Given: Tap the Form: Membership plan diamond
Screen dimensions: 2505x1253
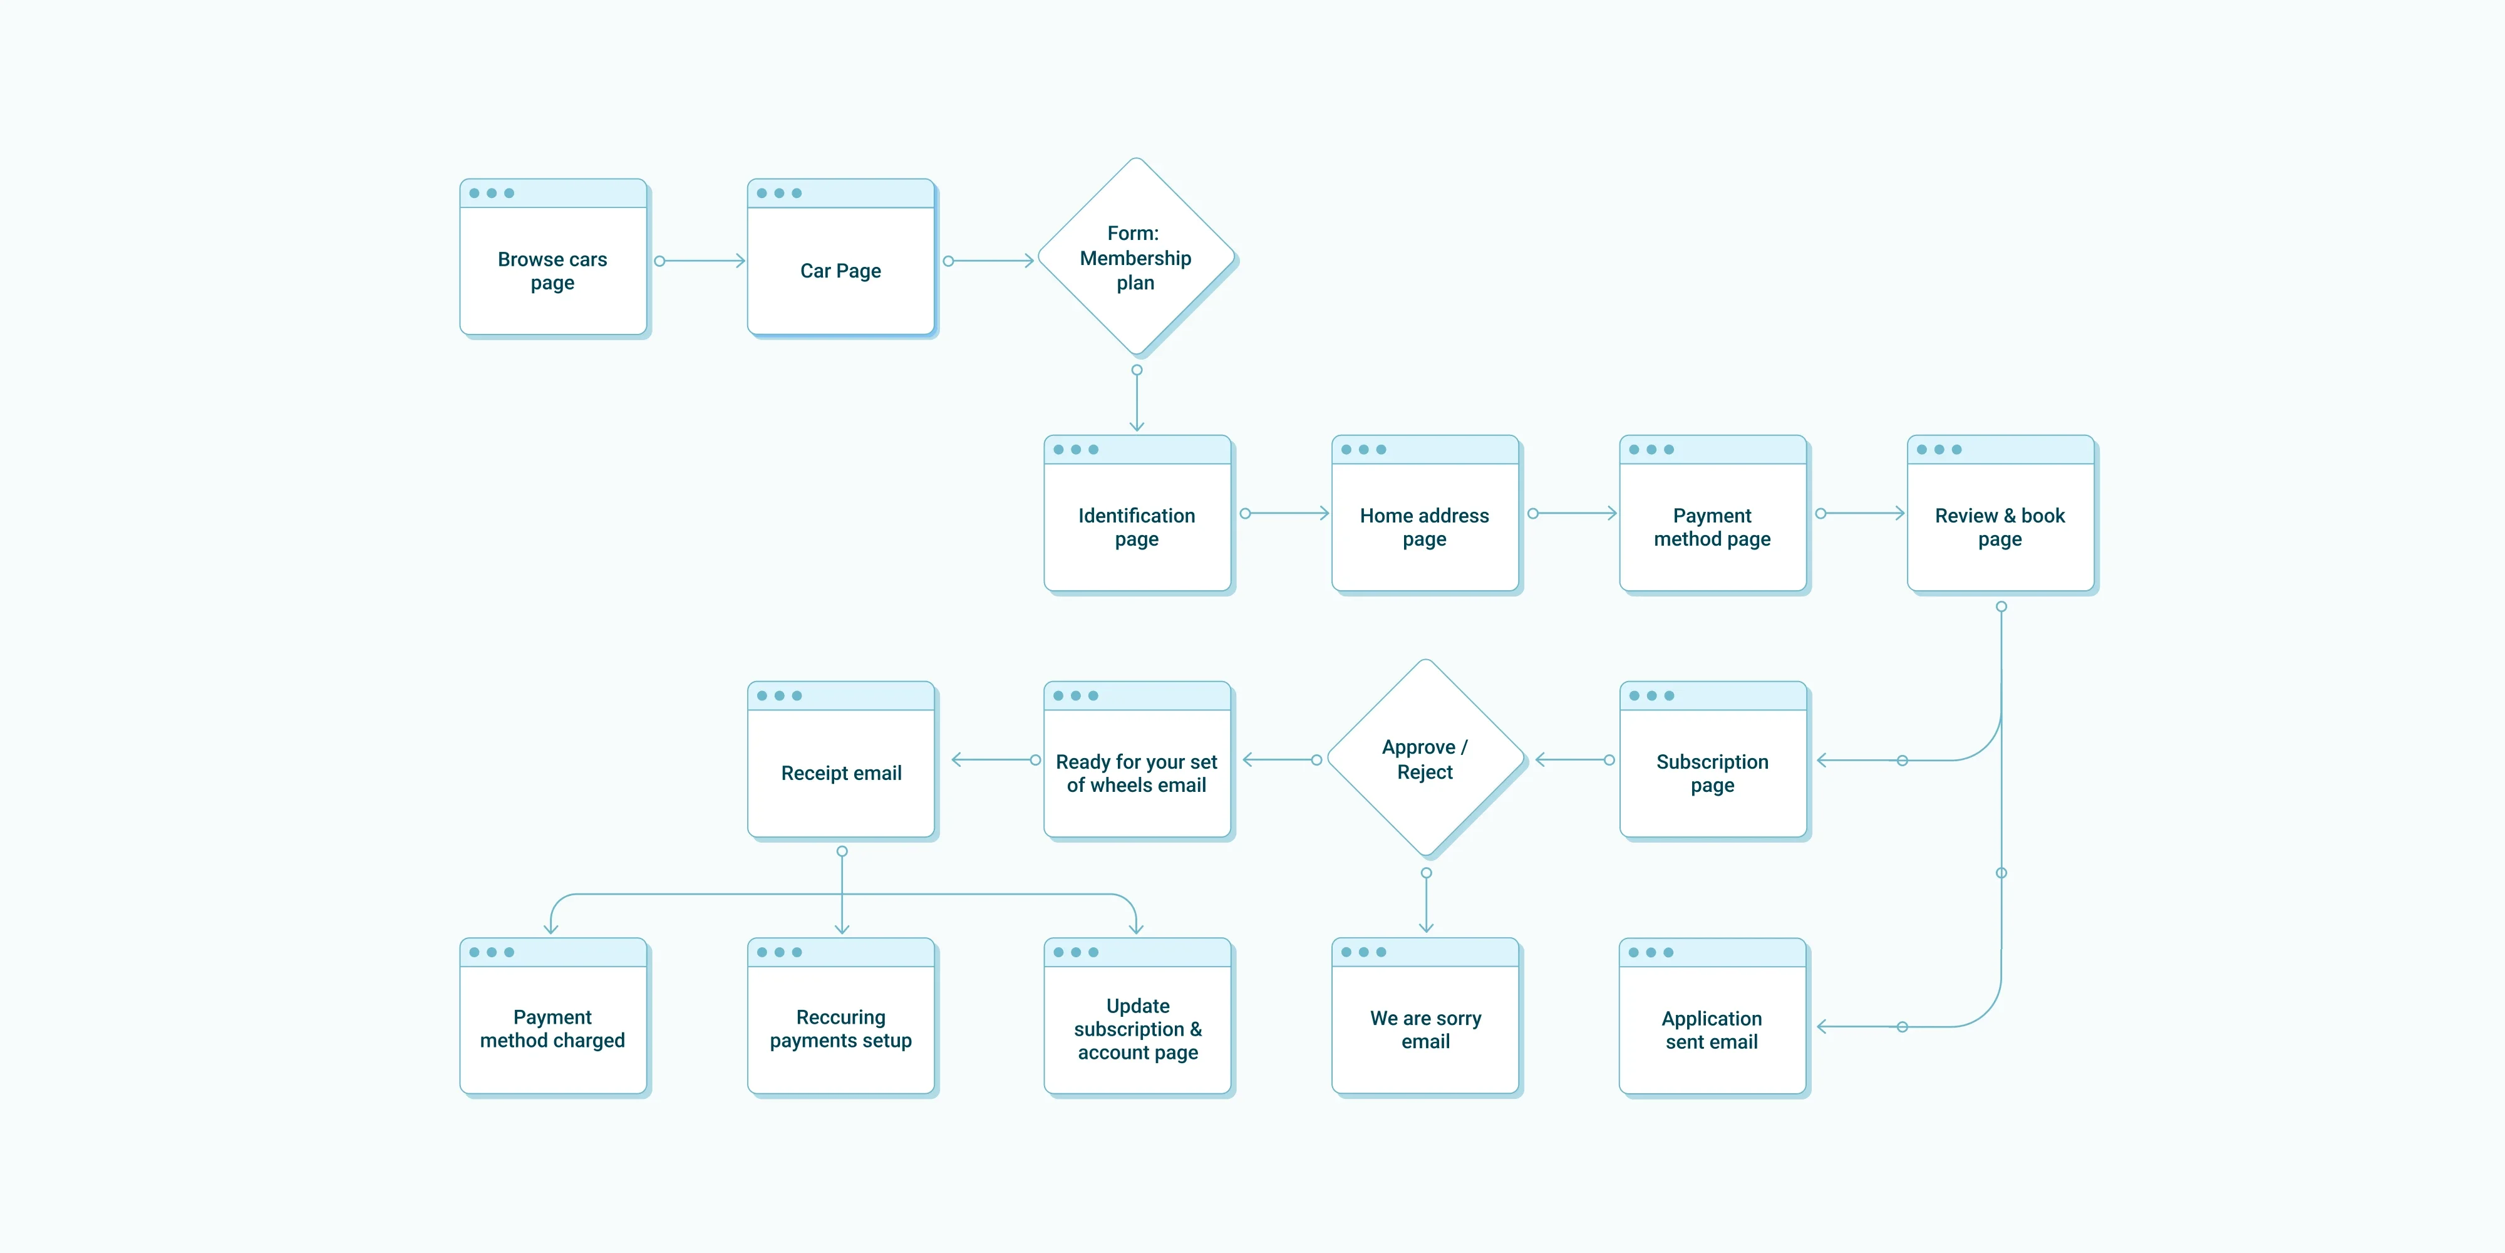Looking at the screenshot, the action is pyautogui.click(x=1137, y=257).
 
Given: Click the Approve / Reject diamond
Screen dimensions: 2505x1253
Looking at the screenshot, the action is pyautogui.click(x=1425, y=759).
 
